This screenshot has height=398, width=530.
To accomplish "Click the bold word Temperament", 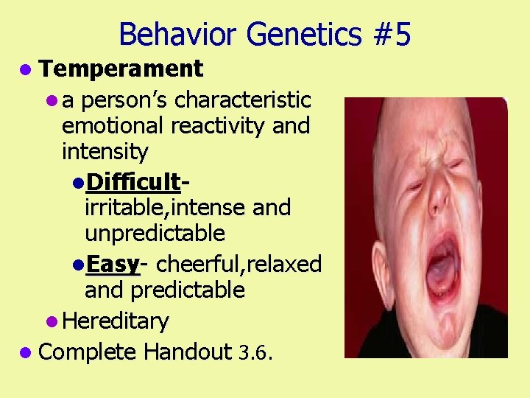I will pos(121,69).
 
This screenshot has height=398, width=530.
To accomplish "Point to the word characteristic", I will pos(243,99).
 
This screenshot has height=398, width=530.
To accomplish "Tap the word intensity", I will pos(105,153).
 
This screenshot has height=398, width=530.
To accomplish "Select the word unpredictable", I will pos(155,234).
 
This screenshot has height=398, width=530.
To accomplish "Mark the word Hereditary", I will pos(116,321).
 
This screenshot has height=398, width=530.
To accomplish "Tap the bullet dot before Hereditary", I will pos(50,322).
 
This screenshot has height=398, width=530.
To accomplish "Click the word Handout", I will pos(188,352).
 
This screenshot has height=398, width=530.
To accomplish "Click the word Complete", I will pos(87,352).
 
